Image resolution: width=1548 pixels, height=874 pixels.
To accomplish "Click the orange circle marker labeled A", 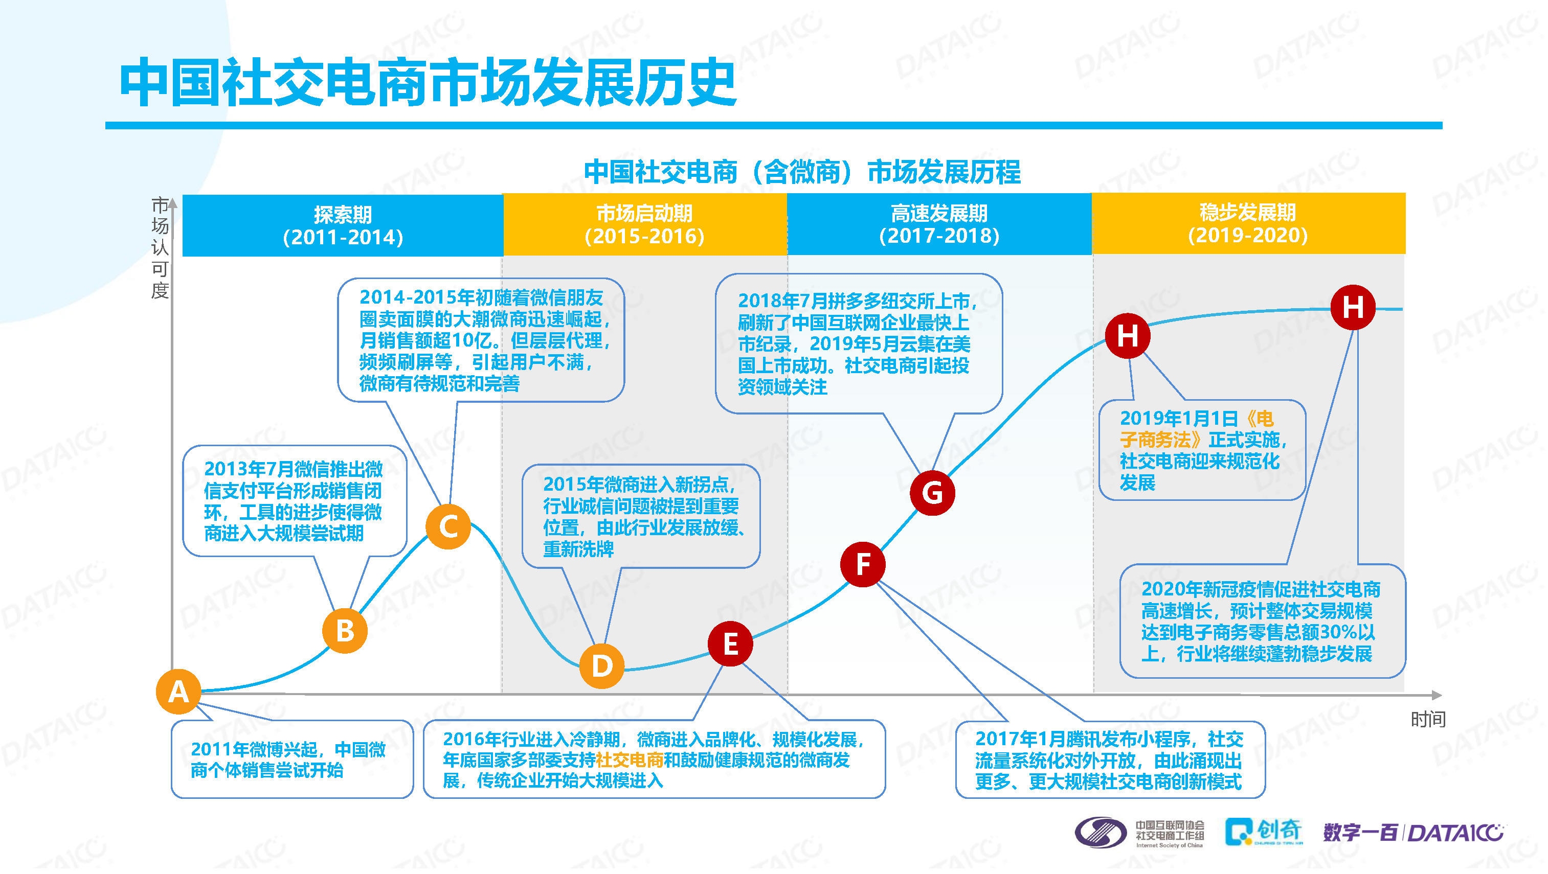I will coord(178,692).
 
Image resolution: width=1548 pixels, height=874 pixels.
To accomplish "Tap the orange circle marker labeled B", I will coord(345,631).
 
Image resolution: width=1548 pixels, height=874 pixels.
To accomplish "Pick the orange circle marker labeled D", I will coord(601,665).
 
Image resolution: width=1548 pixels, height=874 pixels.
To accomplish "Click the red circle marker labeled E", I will coord(730,644).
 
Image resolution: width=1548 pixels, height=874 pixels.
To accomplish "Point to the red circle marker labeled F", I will coord(863,564).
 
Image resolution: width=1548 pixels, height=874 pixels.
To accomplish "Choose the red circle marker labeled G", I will coord(932,493).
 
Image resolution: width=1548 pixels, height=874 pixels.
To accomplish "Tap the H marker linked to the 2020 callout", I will coord(1353,308).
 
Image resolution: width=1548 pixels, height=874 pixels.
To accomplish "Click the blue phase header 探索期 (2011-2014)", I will coord(343,225).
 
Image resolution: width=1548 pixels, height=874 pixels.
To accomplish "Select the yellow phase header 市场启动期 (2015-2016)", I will coord(645,224).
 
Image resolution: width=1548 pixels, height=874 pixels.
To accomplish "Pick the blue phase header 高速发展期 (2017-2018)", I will coord(939,224).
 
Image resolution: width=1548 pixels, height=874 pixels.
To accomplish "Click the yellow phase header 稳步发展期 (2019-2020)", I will coord(1248,223).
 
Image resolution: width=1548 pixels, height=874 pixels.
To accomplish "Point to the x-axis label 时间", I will coord(1428,719).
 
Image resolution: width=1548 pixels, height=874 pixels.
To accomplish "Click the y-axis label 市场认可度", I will coord(160,247).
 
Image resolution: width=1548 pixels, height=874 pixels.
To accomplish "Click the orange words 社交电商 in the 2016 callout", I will coord(630,760).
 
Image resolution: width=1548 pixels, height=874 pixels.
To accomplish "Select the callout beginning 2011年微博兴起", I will coord(292,760).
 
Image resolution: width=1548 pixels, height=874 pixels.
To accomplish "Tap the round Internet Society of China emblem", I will coord(1101,833).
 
